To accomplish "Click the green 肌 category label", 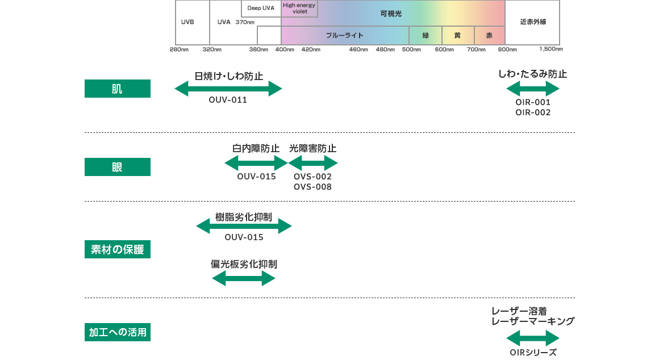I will tap(117, 89).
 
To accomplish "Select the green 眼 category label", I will tap(117, 167).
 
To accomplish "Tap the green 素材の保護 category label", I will tap(117, 249).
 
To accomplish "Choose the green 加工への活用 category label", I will tap(117, 332).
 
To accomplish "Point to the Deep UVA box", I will tap(261, 8).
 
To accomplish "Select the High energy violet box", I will tap(299, 9).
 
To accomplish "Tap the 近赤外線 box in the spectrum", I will tap(532, 23).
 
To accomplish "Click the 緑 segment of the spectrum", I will tap(426, 35).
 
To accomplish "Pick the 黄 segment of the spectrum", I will tap(458, 35).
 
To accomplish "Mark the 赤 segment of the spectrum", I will tap(490, 35).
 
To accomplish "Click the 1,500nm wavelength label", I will tap(551, 49).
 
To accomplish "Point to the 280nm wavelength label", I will tap(178, 49).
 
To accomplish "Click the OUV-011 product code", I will tap(228, 100).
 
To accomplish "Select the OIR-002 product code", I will tap(533, 112).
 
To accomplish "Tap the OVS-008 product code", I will tap(312, 187).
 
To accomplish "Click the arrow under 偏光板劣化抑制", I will tap(243, 278).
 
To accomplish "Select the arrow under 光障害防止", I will tap(313, 164).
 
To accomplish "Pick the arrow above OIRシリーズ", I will tap(533, 339).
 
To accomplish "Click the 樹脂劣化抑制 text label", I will tap(244, 217).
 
